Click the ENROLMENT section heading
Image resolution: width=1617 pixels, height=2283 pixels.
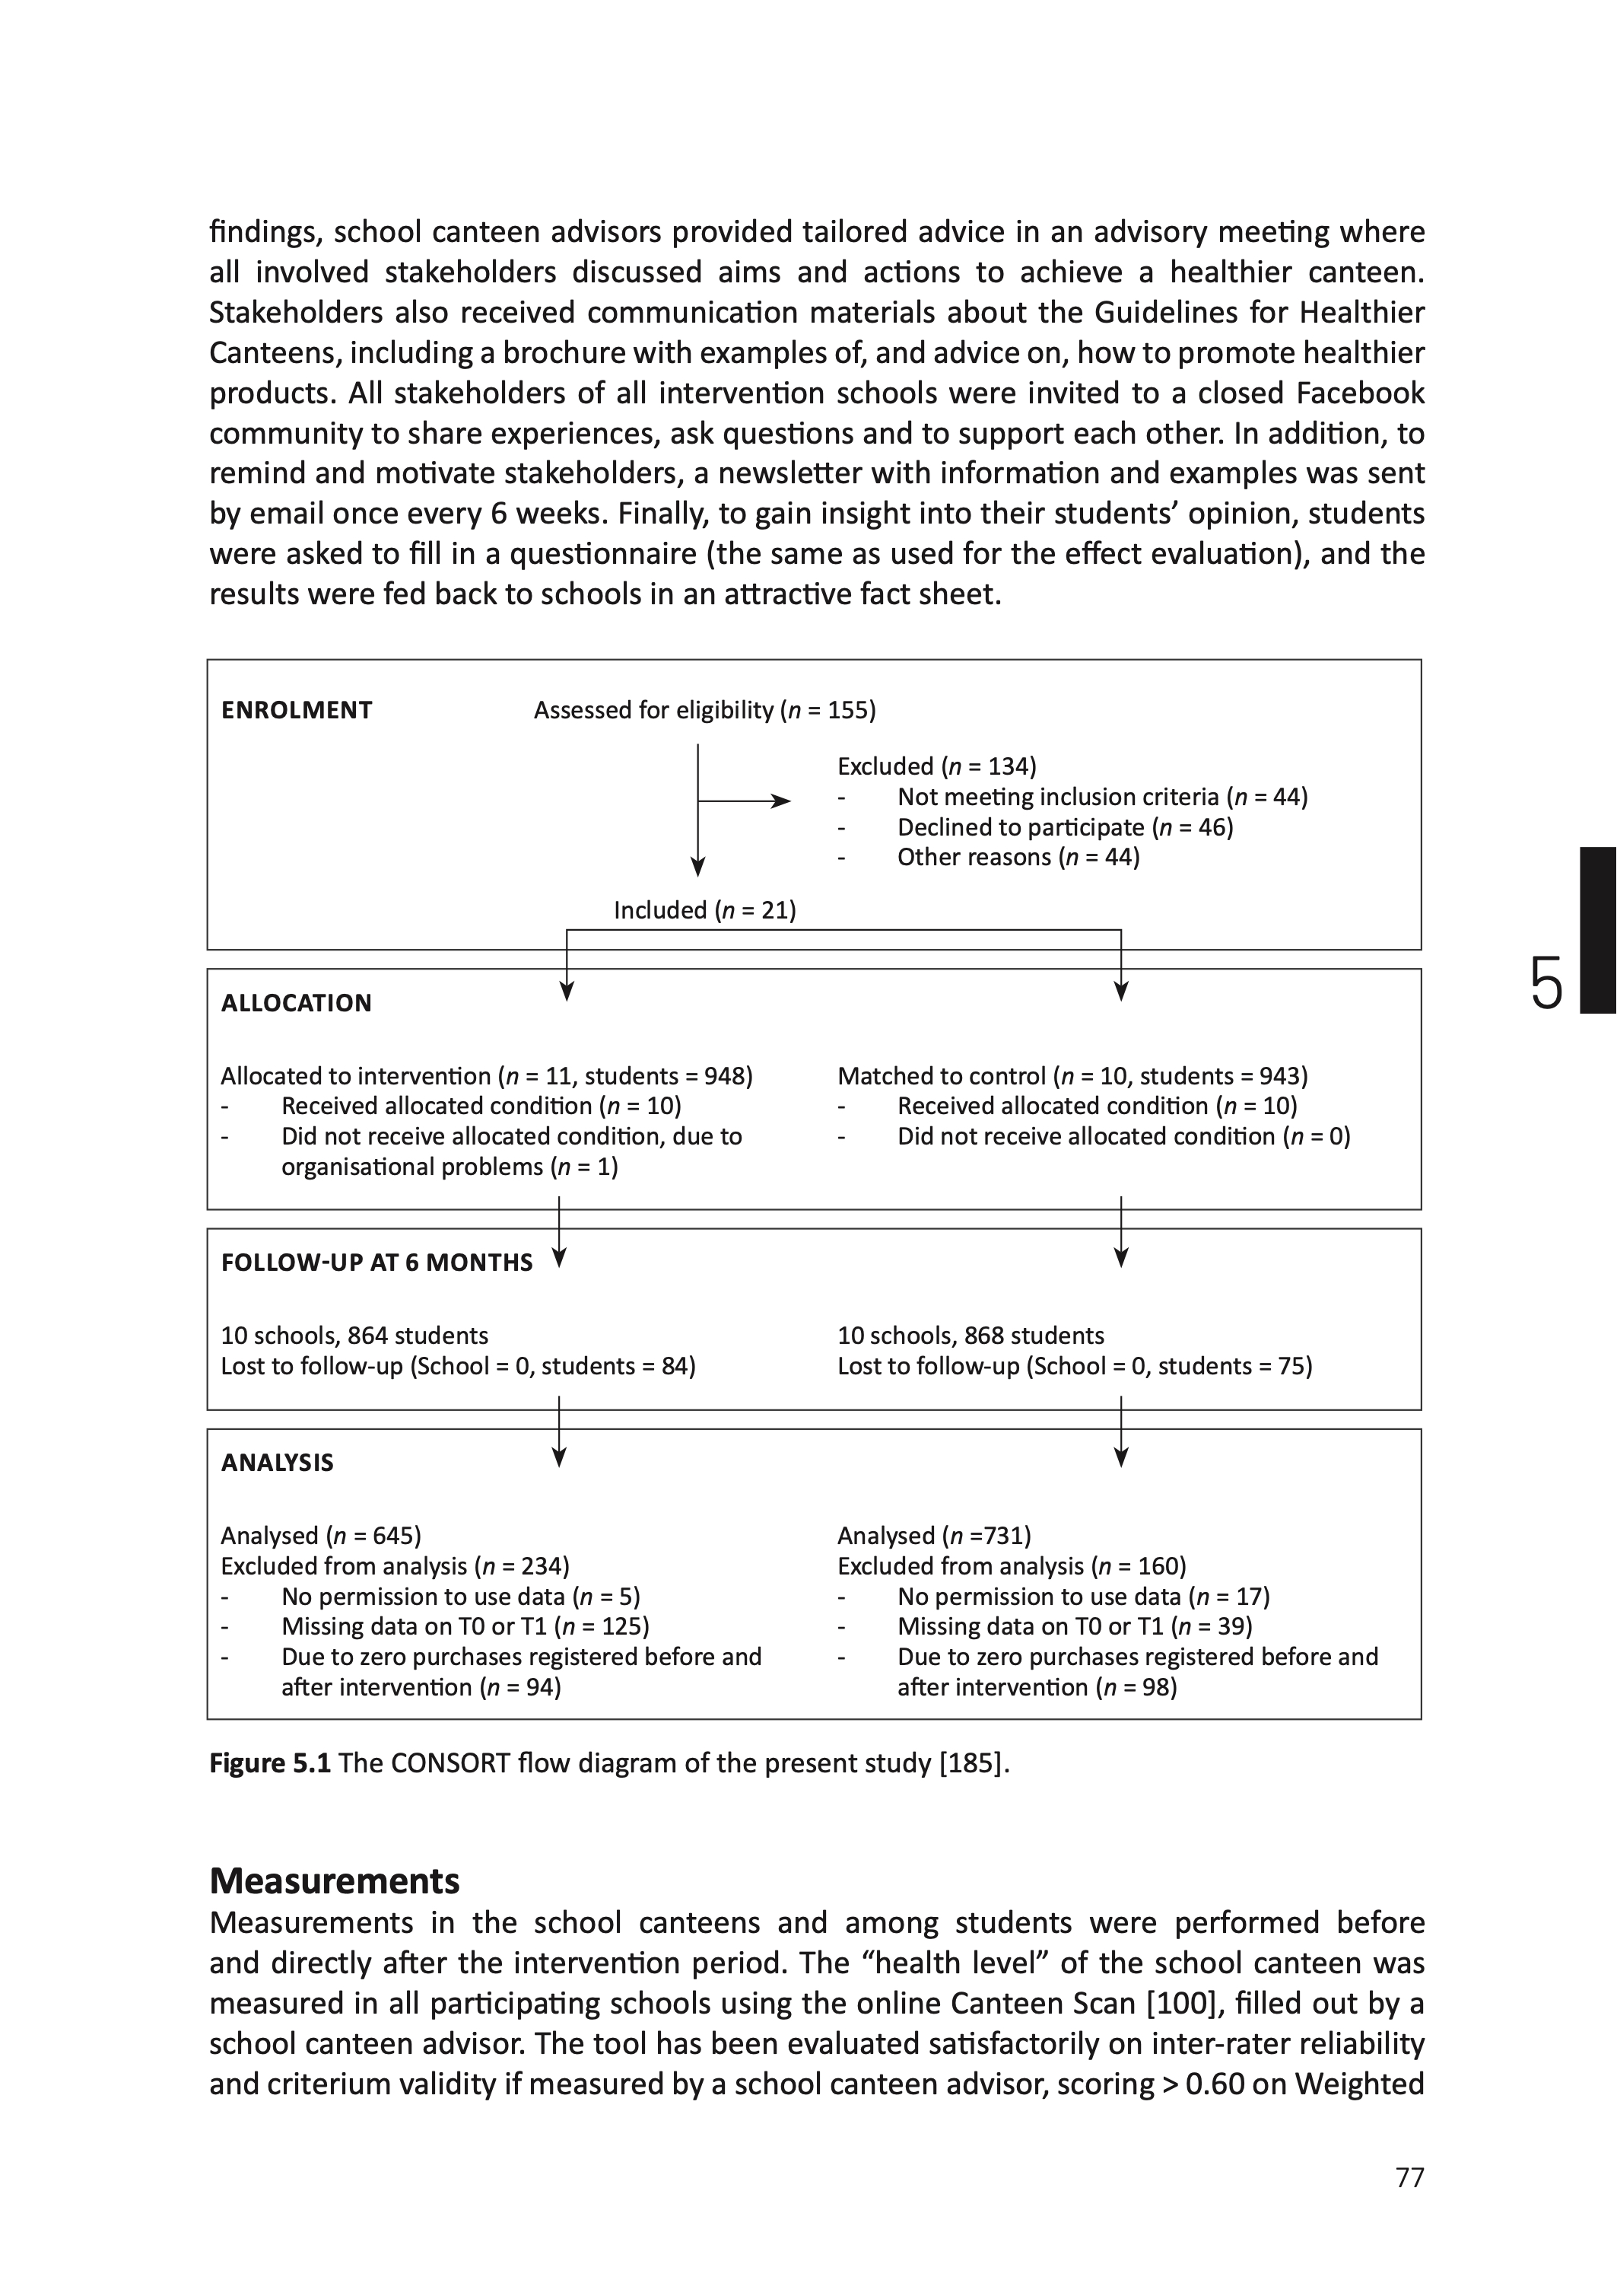(296, 710)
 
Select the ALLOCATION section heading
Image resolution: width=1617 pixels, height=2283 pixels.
(296, 1003)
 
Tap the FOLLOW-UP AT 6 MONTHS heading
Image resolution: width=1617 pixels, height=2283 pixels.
(376, 1263)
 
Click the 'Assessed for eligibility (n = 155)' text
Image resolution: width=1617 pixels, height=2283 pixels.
(704, 710)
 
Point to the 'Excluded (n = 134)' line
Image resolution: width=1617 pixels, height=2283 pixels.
(936, 766)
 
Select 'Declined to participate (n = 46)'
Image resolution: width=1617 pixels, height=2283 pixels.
(1064, 828)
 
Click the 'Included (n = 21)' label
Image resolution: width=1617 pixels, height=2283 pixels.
(704, 910)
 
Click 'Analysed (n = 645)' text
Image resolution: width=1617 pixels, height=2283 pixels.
(321, 1536)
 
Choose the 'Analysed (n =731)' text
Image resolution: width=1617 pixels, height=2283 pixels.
(933, 1536)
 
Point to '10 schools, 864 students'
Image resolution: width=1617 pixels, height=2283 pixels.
(354, 1336)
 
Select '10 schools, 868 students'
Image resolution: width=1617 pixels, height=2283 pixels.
(970, 1336)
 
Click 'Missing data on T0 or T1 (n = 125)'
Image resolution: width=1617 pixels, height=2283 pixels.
(465, 1626)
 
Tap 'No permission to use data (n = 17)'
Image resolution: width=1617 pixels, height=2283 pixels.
(1082, 1597)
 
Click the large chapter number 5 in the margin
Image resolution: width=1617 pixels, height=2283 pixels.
(1546, 983)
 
